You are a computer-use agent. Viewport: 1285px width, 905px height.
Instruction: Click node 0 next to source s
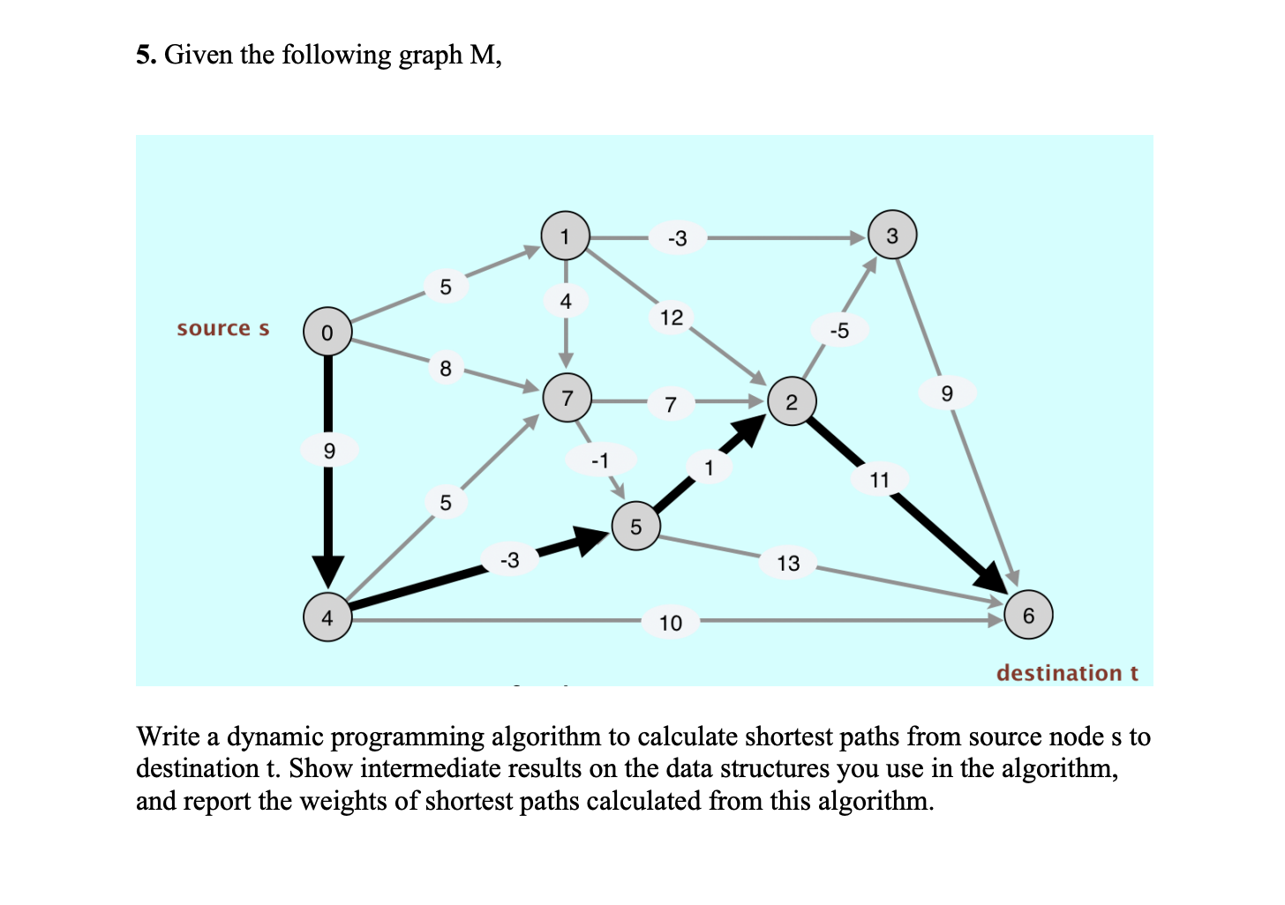(327, 332)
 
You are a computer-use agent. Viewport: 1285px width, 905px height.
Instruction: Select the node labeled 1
(565, 236)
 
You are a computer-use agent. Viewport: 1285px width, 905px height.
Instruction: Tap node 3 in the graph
(892, 236)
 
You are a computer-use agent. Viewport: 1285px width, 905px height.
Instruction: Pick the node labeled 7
(567, 398)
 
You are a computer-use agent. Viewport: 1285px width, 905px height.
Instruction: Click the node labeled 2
(792, 401)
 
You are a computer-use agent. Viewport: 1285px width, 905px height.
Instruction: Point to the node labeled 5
(636, 527)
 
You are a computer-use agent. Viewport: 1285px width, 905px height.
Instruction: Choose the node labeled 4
(327, 617)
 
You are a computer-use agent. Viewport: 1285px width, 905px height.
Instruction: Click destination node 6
(1028, 615)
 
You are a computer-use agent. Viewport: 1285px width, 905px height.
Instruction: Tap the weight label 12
(672, 318)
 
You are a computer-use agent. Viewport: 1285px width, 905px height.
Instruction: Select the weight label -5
(839, 331)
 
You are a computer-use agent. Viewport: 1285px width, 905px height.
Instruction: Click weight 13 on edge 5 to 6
(788, 563)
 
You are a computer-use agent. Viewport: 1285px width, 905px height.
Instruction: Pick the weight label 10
(671, 623)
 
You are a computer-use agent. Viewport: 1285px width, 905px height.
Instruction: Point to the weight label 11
(879, 480)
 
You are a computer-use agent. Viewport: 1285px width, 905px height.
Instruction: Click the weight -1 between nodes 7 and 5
(600, 460)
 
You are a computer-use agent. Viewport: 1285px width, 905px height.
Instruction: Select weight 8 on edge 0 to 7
(446, 368)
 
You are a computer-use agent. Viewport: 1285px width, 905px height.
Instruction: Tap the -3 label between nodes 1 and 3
(677, 238)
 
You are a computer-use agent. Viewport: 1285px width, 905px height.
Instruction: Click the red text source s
(222, 329)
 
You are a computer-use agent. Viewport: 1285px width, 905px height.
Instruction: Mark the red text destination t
(1066, 673)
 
